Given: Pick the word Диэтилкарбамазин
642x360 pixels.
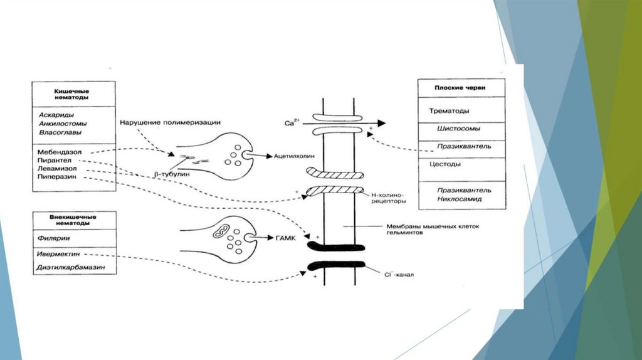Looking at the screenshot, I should click(70, 268).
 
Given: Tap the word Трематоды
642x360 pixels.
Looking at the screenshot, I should click(450, 110).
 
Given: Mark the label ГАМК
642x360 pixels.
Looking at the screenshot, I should click(285, 238).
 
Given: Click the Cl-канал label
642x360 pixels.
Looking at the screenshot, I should click(397, 274).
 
